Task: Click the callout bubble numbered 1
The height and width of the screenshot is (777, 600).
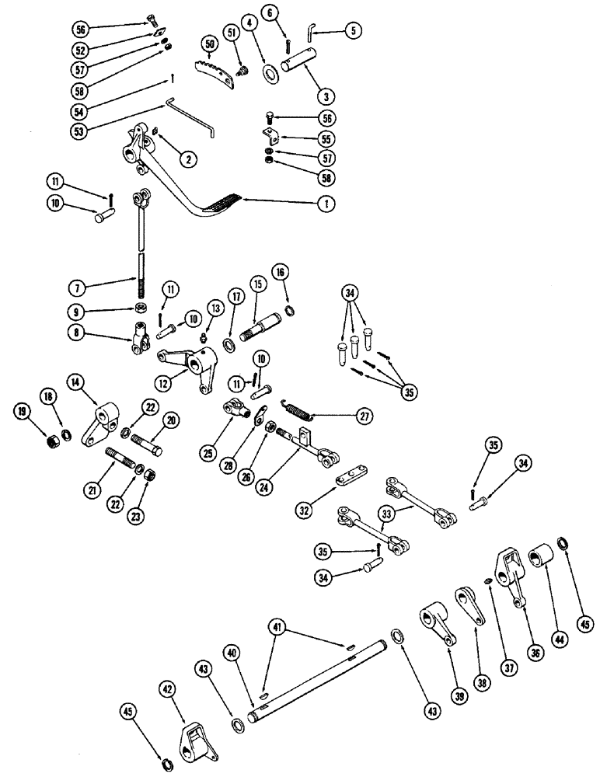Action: [327, 204]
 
